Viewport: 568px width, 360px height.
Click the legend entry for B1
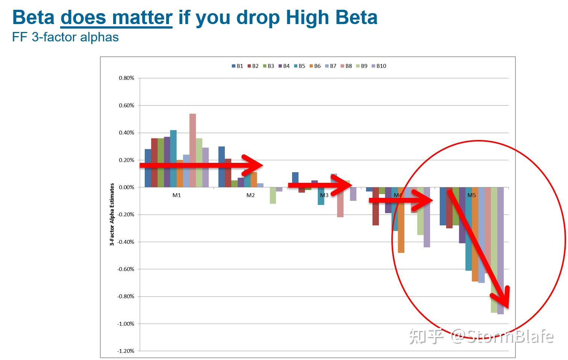pos(237,66)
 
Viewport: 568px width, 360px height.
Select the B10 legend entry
pos(379,66)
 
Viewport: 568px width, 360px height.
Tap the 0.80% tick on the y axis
pos(126,78)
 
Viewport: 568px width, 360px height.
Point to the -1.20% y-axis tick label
pos(126,351)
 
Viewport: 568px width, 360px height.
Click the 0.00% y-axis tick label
pos(126,187)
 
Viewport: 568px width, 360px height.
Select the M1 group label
pos(177,195)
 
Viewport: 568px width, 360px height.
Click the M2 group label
pos(250,195)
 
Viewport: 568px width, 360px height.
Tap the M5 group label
pos(471,195)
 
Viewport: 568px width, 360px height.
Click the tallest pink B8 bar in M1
pos(192,150)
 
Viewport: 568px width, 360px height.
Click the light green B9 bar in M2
pos(273,196)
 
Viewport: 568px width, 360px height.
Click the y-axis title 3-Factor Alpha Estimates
pos(112,214)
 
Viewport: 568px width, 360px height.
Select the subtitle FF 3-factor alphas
pos(65,37)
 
